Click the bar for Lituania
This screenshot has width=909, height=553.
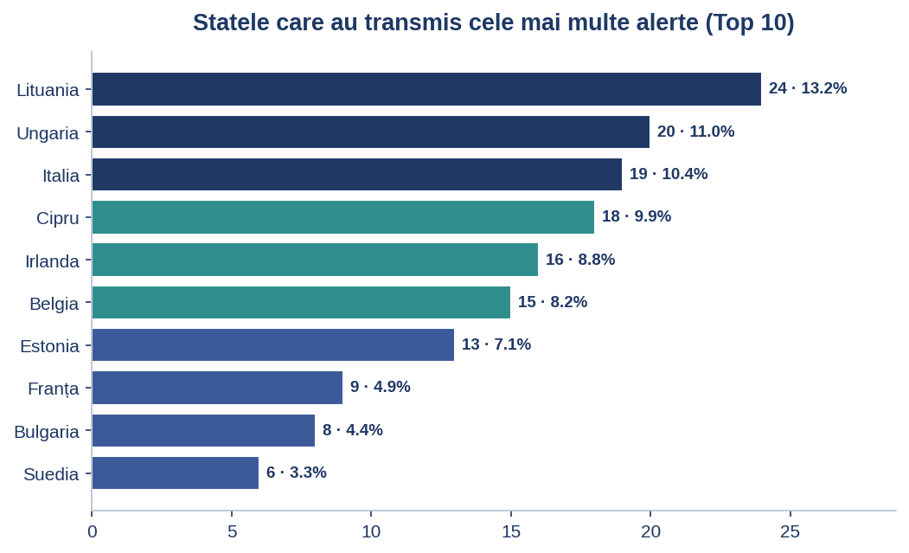point(426,89)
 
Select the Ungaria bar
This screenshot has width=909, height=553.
point(371,132)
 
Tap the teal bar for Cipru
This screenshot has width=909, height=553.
point(343,217)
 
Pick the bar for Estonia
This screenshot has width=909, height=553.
point(273,344)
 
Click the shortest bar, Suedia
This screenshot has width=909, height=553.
point(176,473)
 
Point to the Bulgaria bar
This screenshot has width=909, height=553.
point(203,430)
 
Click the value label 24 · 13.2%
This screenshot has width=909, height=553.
point(808,88)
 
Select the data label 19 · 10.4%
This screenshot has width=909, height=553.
point(669,174)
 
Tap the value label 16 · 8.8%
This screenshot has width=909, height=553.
point(579,260)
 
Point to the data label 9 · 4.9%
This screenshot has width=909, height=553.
point(381,387)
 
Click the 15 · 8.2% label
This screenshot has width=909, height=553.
point(553,302)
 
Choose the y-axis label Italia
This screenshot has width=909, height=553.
point(61,175)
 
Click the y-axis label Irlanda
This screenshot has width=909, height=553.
point(52,261)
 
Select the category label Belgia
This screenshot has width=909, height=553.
point(54,304)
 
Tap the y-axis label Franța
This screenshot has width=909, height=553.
point(54,389)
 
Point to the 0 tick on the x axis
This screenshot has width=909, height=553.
point(93,531)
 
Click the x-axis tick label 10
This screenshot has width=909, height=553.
point(371,531)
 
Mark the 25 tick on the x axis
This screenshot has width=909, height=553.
point(791,531)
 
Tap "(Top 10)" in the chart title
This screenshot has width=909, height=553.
point(750,23)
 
